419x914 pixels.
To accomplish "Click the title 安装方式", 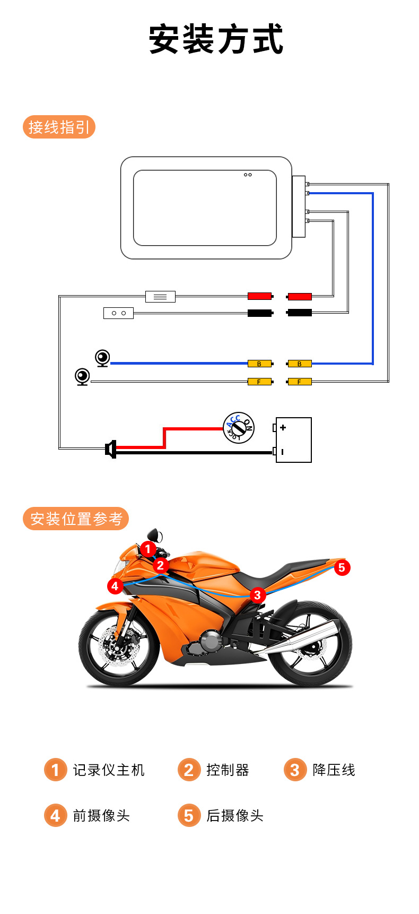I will pyautogui.click(x=216, y=40).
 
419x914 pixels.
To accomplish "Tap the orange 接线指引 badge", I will pyautogui.click(x=59, y=127).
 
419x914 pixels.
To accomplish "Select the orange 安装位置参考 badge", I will pyautogui.click(x=76, y=519).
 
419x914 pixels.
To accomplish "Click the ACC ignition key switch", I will pyautogui.click(x=239, y=428).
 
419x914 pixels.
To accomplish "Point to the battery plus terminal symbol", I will pyautogui.click(x=283, y=427).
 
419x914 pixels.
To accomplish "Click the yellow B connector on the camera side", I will pyautogui.click(x=259, y=364).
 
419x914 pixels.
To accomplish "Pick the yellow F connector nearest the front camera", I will pyautogui.click(x=259, y=382).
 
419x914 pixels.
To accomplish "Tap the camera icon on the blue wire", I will pyautogui.click(x=102, y=358).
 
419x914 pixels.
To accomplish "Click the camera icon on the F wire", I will pyautogui.click(x=82, y=377).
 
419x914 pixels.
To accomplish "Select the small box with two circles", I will pyautogui.click(x=118, y=313).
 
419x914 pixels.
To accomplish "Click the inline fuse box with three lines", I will pyautogui.click(x=160, y=297).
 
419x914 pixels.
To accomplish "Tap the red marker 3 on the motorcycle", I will pyautogui.click(x=257, y=595).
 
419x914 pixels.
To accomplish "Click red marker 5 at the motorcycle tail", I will pyautogui.click(x=342, y=567).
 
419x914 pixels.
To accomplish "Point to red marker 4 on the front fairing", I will pyautogui.click(x=115, y=586).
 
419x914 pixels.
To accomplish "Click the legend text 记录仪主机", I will pyautogui.click(x=109, y=770).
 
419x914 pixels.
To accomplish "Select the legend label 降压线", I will pyautogui.click(x=334, y=770).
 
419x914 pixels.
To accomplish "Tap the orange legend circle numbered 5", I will pyautogui.click(x=189, y=815).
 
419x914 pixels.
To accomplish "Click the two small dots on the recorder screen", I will pyautogui.click(x=248, y=175).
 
